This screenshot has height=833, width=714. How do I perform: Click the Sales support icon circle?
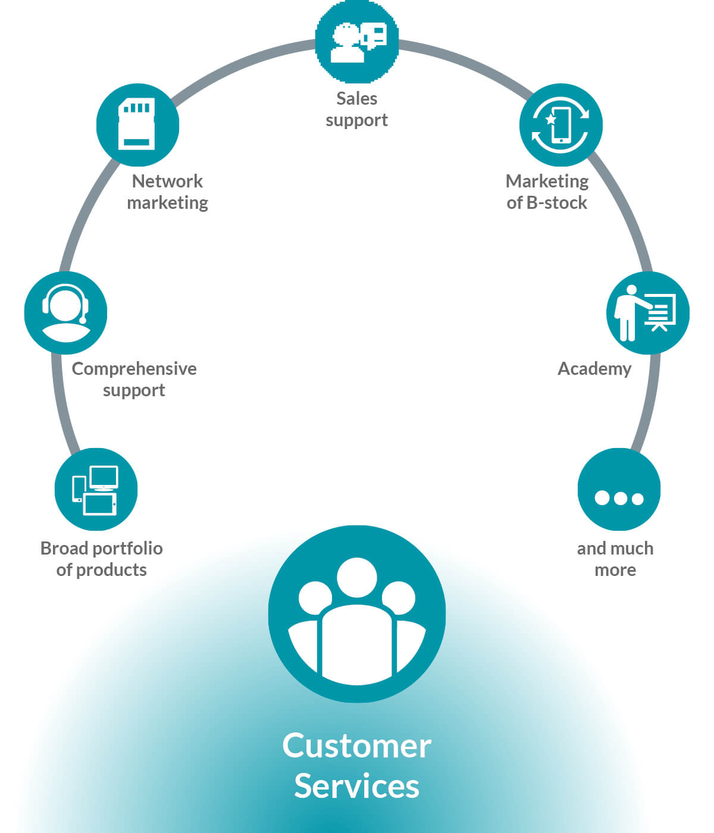357,42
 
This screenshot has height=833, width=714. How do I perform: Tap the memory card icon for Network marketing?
137,124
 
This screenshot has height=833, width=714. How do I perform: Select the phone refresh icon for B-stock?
561,124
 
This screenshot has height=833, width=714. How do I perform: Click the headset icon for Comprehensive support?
65,313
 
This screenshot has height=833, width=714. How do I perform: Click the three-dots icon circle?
619,489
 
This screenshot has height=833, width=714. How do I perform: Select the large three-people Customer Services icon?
357,615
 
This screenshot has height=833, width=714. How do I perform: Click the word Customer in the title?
357,746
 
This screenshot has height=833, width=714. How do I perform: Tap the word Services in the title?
357,786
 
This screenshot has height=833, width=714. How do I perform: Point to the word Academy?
594,369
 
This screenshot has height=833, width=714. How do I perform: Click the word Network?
167,181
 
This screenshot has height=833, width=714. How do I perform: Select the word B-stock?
557,203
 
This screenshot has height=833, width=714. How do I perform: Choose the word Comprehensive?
134,369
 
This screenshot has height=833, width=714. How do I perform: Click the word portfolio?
128,549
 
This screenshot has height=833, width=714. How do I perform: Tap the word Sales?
357,99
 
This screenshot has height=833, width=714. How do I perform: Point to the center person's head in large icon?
357,578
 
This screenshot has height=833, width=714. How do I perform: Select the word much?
633,549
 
